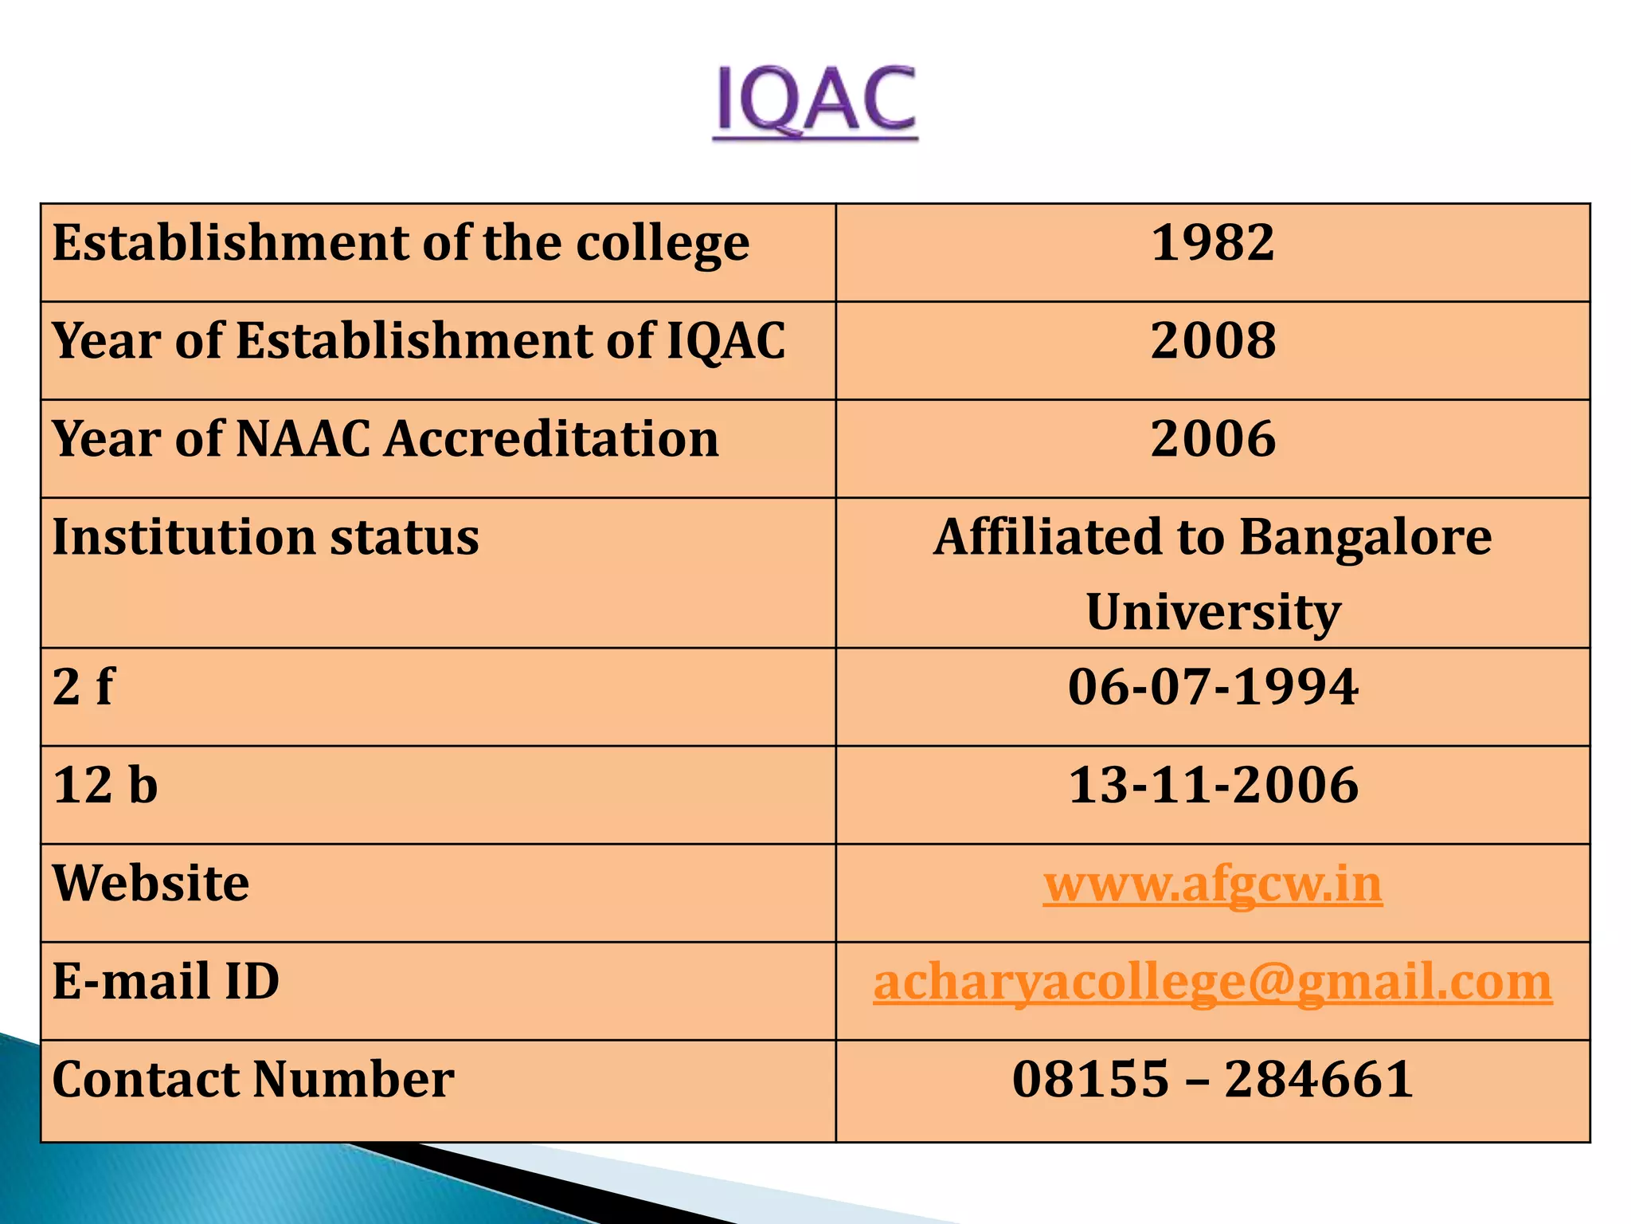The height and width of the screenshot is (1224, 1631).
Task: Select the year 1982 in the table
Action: [1212, 242]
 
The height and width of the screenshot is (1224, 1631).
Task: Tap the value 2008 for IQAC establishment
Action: [1212, 340]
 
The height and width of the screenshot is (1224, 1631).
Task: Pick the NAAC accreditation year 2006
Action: [1212, 438]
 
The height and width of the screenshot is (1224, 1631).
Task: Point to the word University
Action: [1213, 611]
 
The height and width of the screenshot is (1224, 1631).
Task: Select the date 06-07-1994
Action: [1212, 686]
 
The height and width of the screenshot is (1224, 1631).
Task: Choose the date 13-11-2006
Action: [1212, 785]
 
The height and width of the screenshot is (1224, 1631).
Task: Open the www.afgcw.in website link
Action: [1212, 884]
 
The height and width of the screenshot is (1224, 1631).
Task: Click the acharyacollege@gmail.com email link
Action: [1212, 982]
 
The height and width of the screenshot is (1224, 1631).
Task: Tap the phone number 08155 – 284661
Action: [1212, 1079]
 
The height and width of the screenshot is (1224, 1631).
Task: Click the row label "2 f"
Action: [83, 686]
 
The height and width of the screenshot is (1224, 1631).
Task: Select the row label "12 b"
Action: [105, 785]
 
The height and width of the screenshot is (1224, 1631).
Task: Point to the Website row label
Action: [151, 884]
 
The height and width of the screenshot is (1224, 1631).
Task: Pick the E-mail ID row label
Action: [166, 981]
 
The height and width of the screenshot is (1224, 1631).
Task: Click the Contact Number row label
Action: [253, 1079]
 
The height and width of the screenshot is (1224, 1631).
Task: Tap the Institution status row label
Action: [265, 536]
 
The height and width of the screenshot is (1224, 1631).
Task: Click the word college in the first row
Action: [662, 244]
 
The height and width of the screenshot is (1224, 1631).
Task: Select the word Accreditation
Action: [551, 438]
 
